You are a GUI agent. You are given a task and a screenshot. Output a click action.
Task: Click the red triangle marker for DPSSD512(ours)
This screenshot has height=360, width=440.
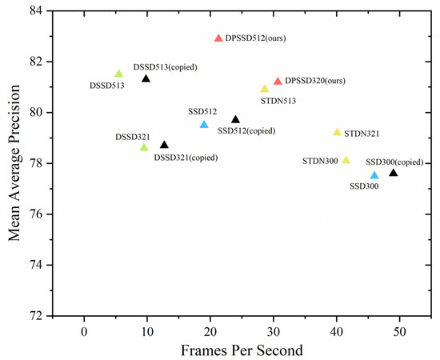pos(218,38)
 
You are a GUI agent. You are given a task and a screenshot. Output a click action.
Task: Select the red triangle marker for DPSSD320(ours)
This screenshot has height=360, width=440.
pos(278,82)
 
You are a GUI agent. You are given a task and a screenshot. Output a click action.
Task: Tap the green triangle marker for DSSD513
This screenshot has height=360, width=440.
pos(119,74)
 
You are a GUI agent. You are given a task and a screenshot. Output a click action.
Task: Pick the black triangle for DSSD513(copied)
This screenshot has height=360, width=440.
pos(146,78)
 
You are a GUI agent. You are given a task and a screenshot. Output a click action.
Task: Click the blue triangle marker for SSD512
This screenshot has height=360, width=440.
pos(204,125)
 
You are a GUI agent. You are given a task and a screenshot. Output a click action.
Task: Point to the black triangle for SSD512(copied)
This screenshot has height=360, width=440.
pos(235,119)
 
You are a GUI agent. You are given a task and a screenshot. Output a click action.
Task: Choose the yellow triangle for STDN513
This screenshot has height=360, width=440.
pos(265,89)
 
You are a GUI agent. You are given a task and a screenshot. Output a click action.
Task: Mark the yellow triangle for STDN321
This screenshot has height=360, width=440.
pos(337,132)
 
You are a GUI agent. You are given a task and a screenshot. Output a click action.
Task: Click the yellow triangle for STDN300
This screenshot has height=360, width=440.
pos(346,161)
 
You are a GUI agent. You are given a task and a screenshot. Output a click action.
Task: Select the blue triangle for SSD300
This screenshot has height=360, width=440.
pos(374,175)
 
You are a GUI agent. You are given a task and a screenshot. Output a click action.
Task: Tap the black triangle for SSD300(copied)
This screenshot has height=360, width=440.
pos(393,173)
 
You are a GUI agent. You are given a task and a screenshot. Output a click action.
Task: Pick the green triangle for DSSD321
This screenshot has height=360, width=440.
pos(144,147)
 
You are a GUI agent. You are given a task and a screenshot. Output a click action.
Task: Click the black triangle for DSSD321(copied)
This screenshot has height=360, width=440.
pos(164,145)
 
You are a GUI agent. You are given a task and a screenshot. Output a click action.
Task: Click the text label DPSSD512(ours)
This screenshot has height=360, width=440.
pos(256,38)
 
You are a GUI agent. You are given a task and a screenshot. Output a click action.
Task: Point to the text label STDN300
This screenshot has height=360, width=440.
pos(320,161)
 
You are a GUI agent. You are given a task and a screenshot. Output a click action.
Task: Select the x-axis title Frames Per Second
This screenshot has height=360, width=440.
pos(241,350)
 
